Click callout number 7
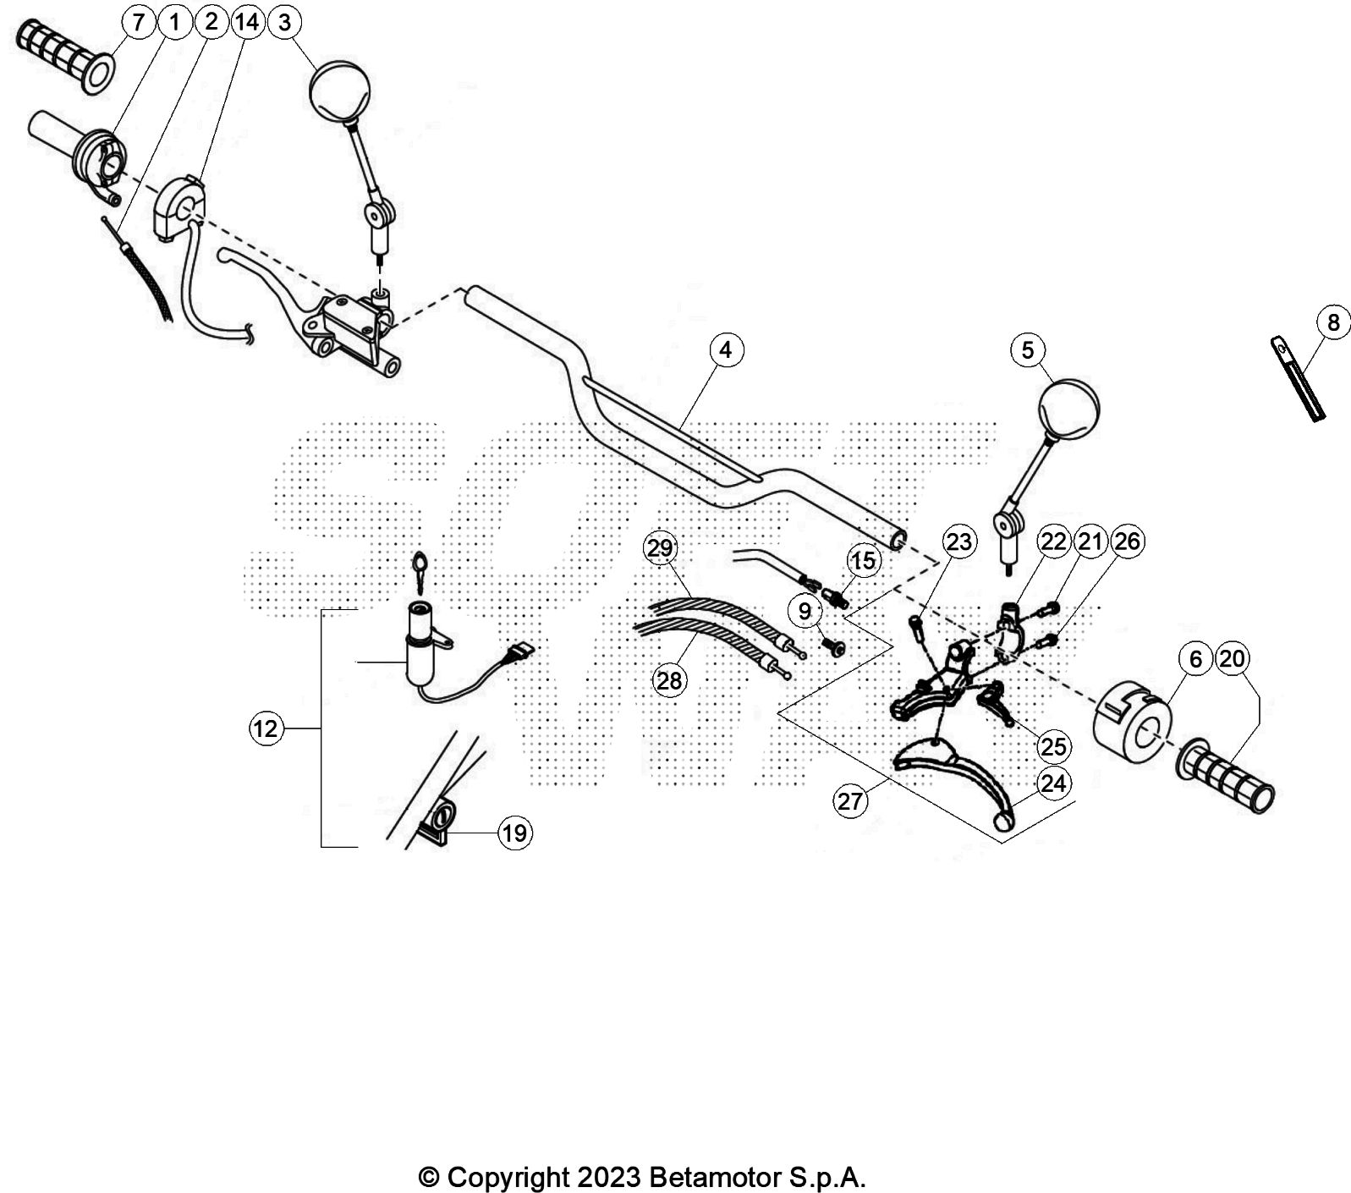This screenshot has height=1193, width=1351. (x=138, y=22)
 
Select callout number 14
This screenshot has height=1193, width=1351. (x=247, y=22)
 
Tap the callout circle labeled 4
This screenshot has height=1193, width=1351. (x=726, y=349)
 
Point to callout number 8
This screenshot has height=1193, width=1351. (x=1333, y=322)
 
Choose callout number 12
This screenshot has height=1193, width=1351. (x=266, y=728)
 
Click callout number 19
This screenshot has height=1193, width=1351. (x=514, y=833)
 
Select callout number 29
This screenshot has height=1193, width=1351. (x=660, y=548)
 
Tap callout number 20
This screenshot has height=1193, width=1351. (x=1233, y=658)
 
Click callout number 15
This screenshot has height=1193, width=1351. (x=863, y=561)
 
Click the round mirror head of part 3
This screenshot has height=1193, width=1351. (x=341, y=91)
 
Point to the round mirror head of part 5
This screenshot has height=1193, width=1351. (x=1068, y=410)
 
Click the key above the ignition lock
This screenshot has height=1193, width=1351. (x=420, y=567)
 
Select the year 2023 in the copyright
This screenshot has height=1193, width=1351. (x=609, y=1177)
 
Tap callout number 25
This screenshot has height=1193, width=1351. (x=1053, y=746)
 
